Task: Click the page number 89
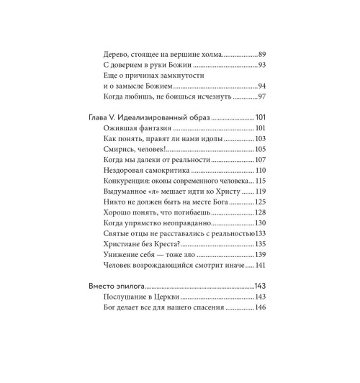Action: tap(262, 54)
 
